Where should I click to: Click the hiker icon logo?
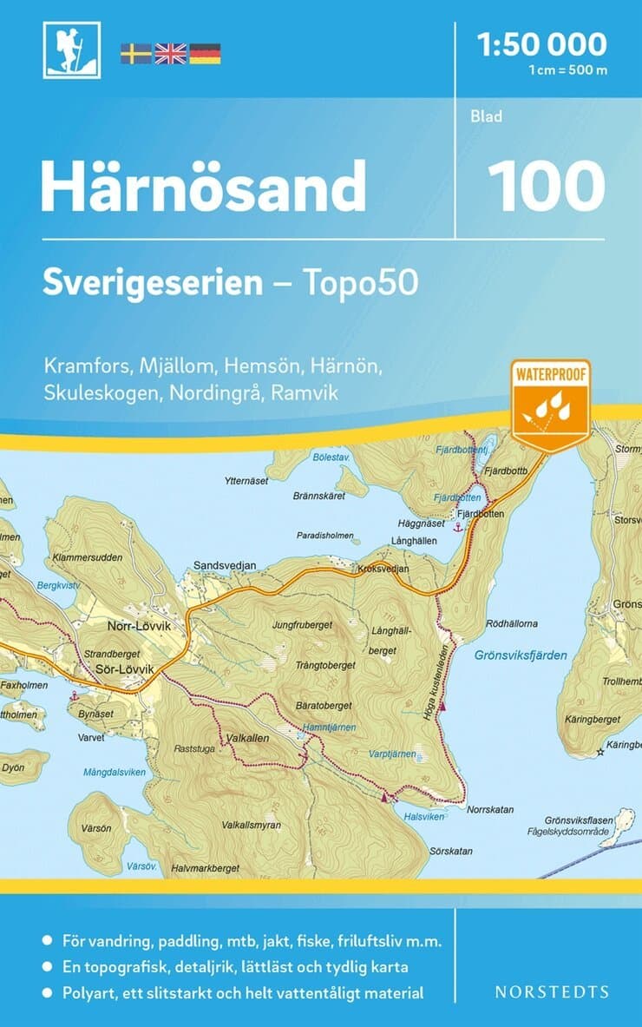pos(72,49)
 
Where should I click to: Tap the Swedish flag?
pos(135,53)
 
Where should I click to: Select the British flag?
pos(170,53)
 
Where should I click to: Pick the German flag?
pos(205,53)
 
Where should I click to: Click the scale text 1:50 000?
pos(542,43)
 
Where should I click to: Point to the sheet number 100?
pos(546,184)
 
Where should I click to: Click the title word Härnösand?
pos(203,185)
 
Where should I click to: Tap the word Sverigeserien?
pos(153,284)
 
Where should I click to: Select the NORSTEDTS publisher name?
pos(551,991)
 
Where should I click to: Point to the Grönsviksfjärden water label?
pos(521,656)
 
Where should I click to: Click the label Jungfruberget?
pos(301,623)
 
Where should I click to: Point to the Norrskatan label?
pos(490,809)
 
